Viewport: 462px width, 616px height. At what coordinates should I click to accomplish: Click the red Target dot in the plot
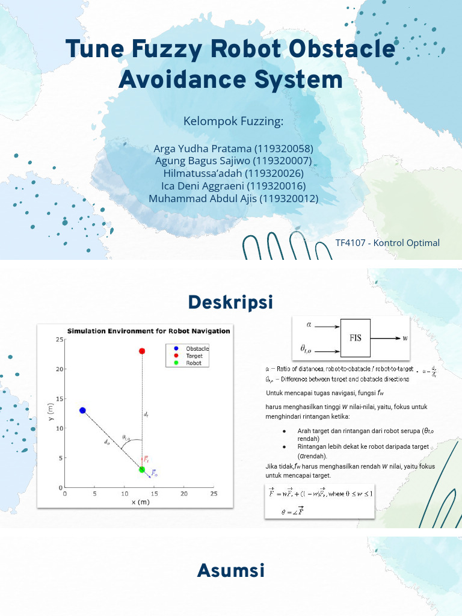[x=142, y=351]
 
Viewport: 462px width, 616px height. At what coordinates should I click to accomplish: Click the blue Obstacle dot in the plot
[x=82, y=410]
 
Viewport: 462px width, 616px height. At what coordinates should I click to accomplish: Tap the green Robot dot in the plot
[x=142, y=469]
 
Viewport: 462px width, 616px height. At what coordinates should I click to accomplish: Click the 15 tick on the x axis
[x=154, y=494]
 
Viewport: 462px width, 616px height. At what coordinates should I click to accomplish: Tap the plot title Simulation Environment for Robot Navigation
[x=148, y=331]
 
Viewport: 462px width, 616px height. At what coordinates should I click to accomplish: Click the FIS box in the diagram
[x=356, y=337]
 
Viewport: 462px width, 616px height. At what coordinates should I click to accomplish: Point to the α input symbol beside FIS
[x=309, y=325]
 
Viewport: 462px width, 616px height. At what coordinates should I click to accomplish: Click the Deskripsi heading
[x=230, y=302]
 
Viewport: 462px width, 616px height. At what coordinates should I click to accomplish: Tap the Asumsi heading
[x=230, y=570]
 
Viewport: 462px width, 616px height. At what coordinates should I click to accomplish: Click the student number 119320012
[x=288, y=199]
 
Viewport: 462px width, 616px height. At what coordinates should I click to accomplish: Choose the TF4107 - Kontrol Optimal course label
[x=387, y=243]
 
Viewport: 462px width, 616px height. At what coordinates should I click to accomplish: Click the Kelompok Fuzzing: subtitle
[x=233, y=122]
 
